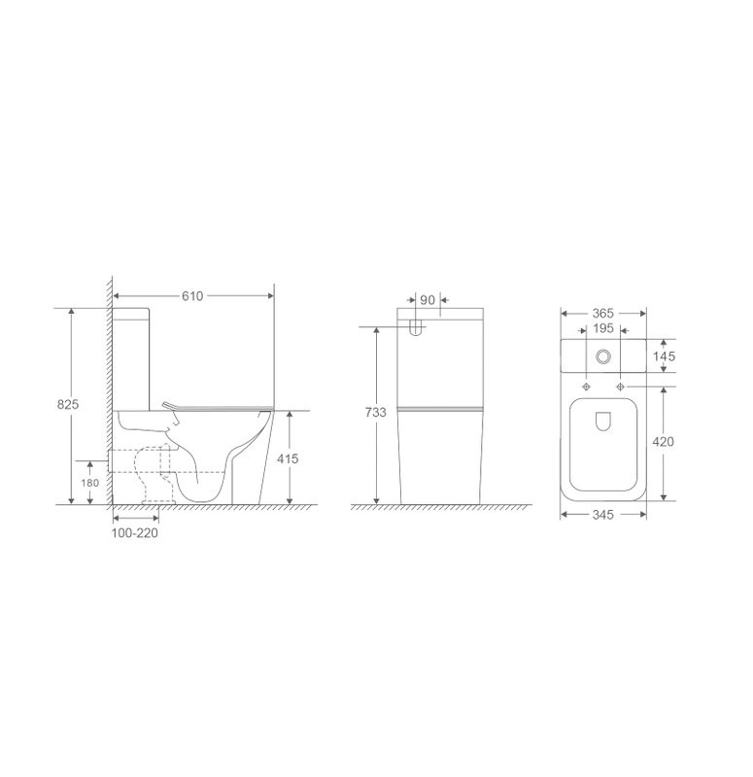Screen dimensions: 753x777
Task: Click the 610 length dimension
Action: click(192, 296)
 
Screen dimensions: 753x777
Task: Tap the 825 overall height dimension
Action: click(68, 404)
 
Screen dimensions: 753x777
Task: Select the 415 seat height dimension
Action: click(288, 458)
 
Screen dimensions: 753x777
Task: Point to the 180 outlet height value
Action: click(90, 483)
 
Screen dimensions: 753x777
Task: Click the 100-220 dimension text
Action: click(135, 533)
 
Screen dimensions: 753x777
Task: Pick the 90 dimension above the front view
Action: click(428, 300)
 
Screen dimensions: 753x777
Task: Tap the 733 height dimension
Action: click(375, 412)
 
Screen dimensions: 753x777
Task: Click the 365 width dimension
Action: click(602, 313)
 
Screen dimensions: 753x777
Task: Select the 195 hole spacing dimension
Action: click(602, 328)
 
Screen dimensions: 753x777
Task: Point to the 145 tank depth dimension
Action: click(664, 356)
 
